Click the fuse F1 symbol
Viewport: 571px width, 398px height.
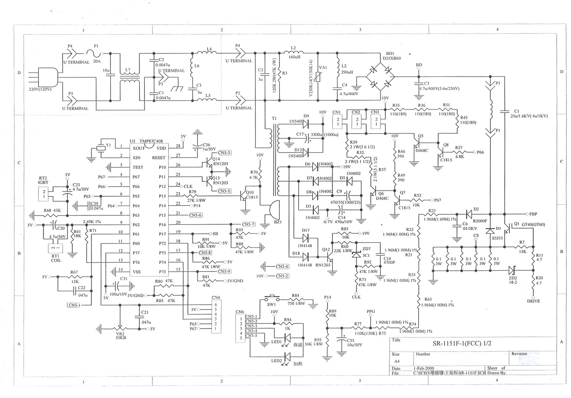click(94, 53)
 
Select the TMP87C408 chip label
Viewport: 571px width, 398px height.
click(151, 141)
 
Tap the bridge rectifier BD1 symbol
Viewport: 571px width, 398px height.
click(380, 77)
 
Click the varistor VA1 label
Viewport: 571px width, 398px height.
click(323, 68)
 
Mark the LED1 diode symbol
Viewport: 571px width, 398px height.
click(287, 337)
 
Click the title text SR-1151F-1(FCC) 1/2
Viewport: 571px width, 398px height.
click(462, 343)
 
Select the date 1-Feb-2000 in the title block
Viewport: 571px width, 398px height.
click(424, 368)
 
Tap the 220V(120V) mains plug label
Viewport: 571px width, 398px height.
click(40, 89)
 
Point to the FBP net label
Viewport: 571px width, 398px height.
click(533, 214)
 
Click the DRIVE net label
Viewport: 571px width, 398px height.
click(533, 301)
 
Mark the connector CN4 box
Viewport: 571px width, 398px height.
click(216, 316)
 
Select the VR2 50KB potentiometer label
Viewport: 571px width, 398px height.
click(120, 336)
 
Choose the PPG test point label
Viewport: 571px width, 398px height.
click(371, 311)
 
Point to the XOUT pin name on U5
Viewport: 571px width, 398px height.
click(139, 148)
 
